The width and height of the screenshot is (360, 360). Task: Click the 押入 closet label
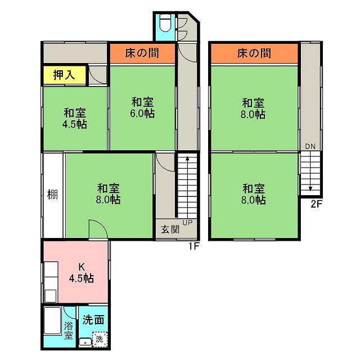(x=64, y=75)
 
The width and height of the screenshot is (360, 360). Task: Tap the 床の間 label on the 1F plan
(x=142, y=53)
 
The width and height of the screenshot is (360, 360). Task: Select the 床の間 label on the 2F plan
(x=254, y=53)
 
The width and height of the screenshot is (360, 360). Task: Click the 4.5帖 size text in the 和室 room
(x=75, y=124)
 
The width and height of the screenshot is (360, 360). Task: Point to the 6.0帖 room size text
(x=142, y=114)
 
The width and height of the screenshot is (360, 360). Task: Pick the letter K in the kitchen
(x=81, y=267)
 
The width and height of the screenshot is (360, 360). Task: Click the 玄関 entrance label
(x=170, y=229)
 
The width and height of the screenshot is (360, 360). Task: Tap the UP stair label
(x=187, y=223)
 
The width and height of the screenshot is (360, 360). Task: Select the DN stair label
(x=310, y=146)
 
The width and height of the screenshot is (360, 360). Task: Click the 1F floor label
(x=193, y=246)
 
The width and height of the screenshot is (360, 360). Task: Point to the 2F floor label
(x=317, y=204)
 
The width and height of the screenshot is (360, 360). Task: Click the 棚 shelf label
(x=52, y=195)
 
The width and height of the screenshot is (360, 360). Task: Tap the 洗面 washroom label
(x=93, y=319)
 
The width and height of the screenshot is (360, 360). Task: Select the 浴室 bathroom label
(x=68, y=331)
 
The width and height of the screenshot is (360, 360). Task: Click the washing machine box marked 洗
(x=100, y=339)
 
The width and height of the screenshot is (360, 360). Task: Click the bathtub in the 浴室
(x=52, y=321)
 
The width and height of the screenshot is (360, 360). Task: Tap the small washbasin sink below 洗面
(x=85, y=343)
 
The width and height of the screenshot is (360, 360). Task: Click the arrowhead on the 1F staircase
(x=187, y=158)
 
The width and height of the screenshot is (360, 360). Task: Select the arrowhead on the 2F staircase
(x=310, y=189)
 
